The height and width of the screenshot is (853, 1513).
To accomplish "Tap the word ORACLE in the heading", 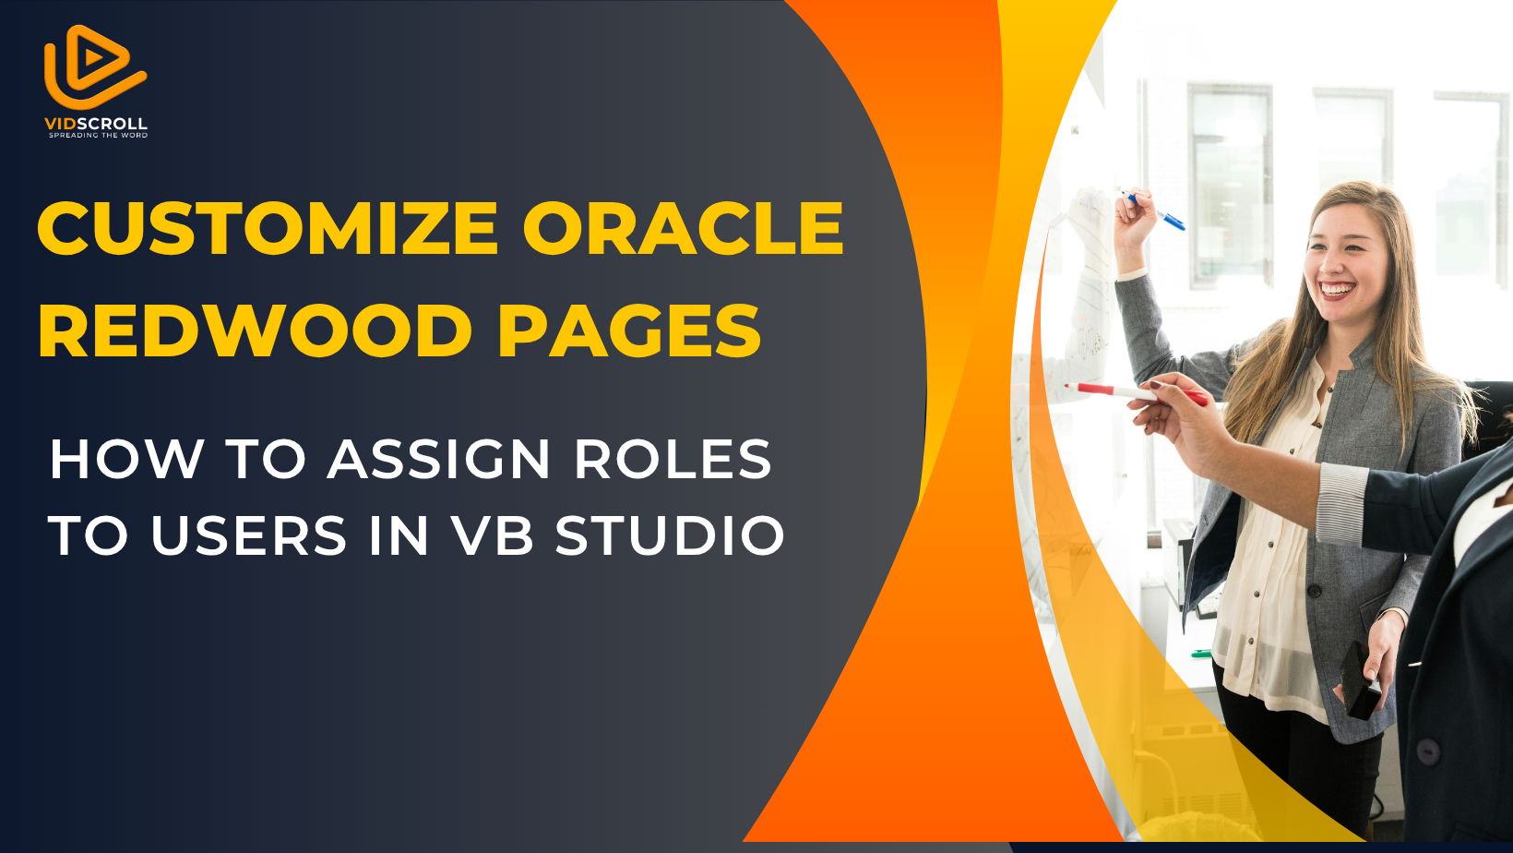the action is (x=683, y=228).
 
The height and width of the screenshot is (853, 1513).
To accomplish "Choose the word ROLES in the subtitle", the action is (x=673, y=460).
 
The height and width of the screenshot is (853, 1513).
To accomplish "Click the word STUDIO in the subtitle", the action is (x=670, y=535).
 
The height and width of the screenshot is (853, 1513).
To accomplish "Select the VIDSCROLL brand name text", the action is (x=96, y=124).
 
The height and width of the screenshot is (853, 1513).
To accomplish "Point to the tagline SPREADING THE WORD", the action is (x=98, y=135).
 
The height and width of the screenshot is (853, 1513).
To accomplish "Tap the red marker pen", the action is (x=1136, y=393).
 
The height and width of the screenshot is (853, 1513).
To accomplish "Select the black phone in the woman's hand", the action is (x=1359, y=680).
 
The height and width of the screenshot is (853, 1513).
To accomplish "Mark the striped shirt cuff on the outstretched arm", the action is (x=1340, y=504).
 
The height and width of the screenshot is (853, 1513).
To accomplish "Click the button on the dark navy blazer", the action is (x=1427, y=751).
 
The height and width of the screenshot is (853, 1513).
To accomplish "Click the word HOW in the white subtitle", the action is (x=126, y=460).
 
